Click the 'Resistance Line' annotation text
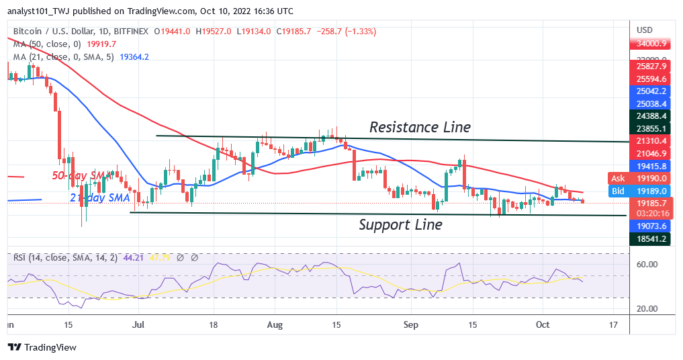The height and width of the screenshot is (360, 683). (x=420, y=127)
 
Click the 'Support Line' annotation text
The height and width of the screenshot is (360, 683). (x=400, y=225)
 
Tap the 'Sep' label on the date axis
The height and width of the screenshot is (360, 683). (x=411, y=324)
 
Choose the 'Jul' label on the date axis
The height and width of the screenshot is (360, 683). (x=138, y=324)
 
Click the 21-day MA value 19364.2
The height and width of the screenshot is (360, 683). (x=134, y=57)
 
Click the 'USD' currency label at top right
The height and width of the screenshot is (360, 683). (x=645, y=30)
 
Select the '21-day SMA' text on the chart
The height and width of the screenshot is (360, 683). (x=97, y=197)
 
